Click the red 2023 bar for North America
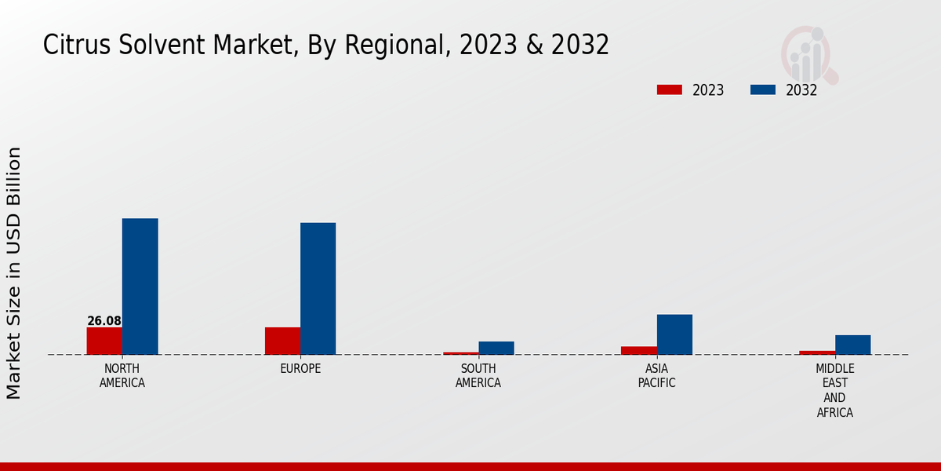click(x=104, y=341)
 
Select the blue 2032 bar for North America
click(x=140, y=287)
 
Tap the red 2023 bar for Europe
click(x=282, y=341)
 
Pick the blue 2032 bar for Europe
click(x=318, y=289)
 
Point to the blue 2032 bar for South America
click(x=496, y=348)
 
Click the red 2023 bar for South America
click(x=460, y=353)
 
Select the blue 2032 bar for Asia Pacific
click(x=674, y=334)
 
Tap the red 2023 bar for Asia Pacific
click(x=638, y=350)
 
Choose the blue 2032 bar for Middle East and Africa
click(x=852, y=345)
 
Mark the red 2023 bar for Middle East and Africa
click(x=817, y=352)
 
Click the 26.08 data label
click(x=104, y=321)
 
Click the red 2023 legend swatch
click(x=670, y=90)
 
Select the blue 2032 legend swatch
click(x=763, y=90)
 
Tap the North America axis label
click(x=122, y=376)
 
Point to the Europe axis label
click(x=300, y=369)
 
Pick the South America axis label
click(x=478, y=376)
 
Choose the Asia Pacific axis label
click(x=656, y=376)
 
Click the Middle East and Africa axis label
click(x=835, y=390)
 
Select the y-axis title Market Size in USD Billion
click(x=14, y=272)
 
